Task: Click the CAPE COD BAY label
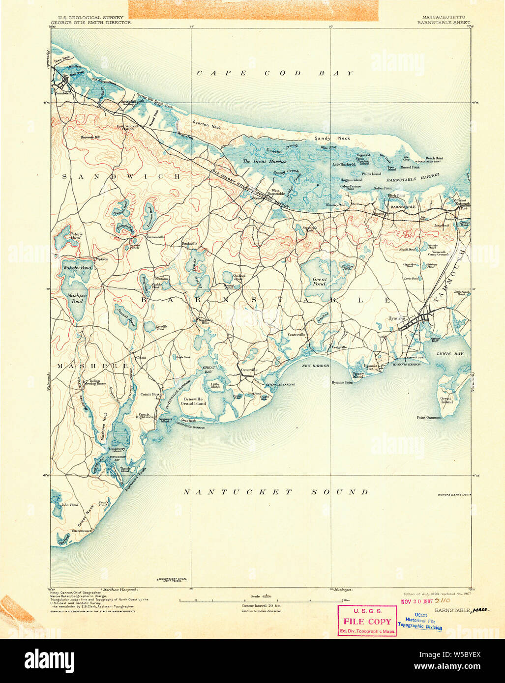click(275, 73)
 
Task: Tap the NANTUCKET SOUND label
click(275, 492)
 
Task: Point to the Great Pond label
click(319, 282)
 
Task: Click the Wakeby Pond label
click(77, 268)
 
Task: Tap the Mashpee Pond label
click(77, 298)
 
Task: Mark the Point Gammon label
click(429, 418)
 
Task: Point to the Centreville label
click(297, 335)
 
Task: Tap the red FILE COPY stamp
click(367, 622)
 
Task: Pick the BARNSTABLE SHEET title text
click(444, 23)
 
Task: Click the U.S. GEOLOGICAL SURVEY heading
click(84, 18)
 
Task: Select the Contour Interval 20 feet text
click(261, 606)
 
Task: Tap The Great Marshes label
click(264, 161)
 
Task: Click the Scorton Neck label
click(208, 125)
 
